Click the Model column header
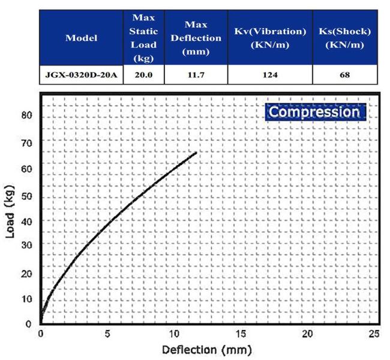[82, 38]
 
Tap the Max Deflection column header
[196, 38]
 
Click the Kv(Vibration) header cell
[270, 38]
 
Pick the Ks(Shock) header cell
[345, 38]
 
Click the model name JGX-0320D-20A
[82, 75]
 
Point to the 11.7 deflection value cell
[196, 75]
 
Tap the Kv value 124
[270, 75]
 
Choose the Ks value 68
[345, 75]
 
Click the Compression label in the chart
[314, 112]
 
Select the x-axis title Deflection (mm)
[205, 349]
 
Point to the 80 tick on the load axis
[26, 115]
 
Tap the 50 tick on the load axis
[26, 196]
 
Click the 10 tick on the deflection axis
[175, 334]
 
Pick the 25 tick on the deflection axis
[374, 334]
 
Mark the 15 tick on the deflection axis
[241, 334]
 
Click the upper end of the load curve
[196, 152]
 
